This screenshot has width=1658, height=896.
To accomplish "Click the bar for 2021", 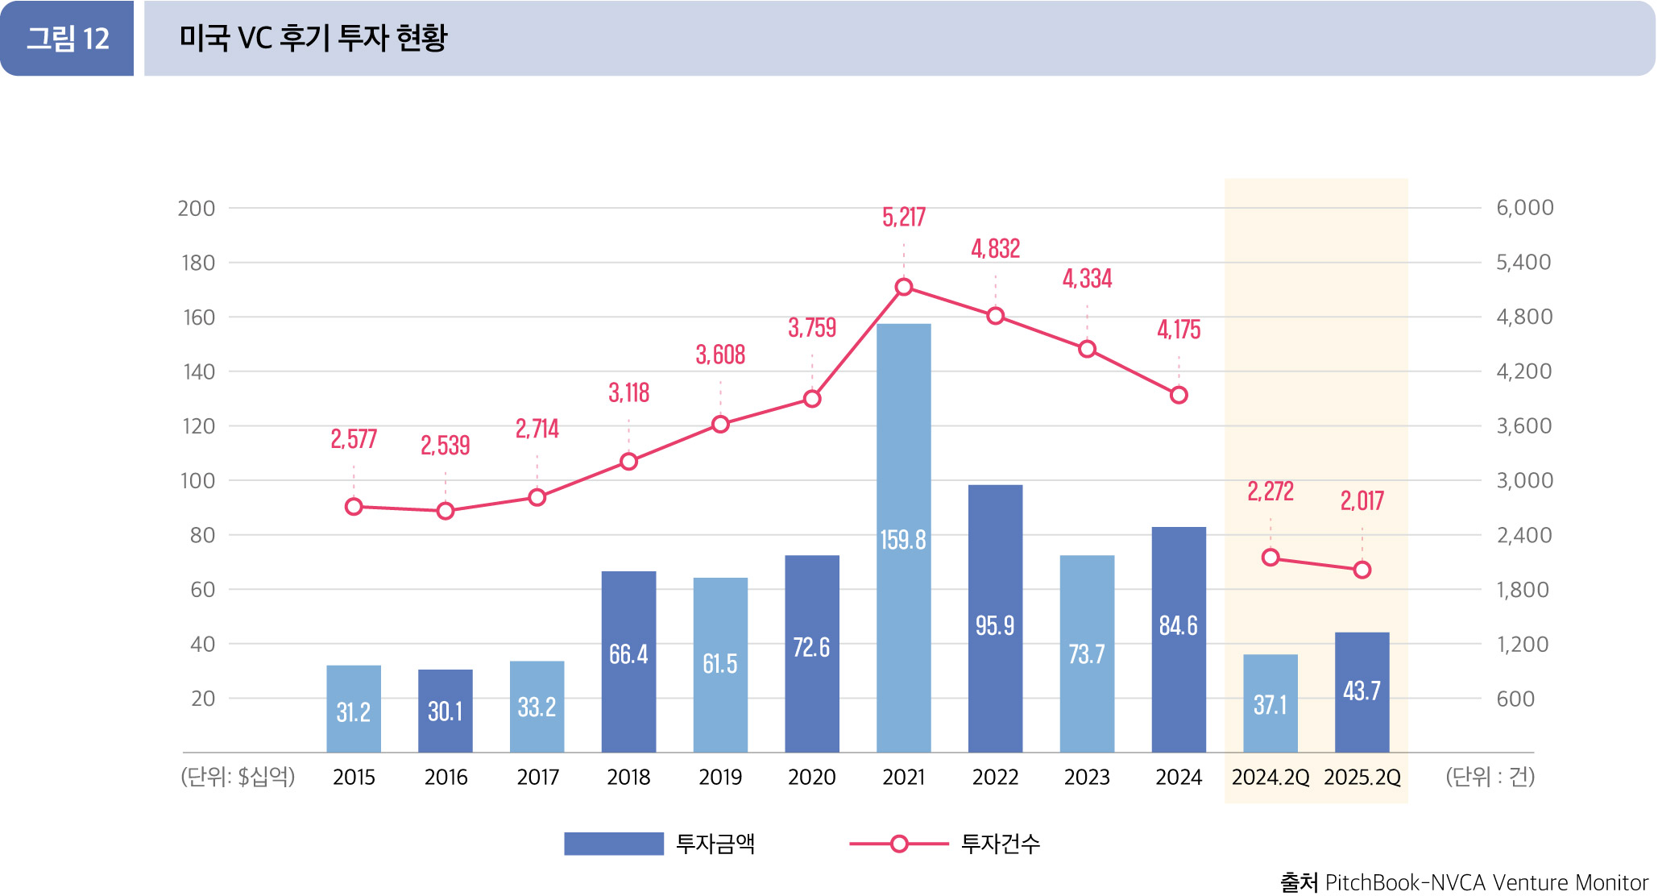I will pos(903,537).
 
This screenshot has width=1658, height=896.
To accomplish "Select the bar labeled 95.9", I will pos(995,618).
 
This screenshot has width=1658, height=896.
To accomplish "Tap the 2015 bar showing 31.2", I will pos(354,709).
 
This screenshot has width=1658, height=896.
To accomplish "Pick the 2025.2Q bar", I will pos(1362,692).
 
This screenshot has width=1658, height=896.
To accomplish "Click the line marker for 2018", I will pos(629,462).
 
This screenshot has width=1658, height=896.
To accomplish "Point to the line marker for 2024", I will pos(1179,395).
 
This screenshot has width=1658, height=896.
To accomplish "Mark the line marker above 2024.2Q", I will pos(1270,558).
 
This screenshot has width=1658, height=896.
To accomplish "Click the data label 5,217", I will pos(903,217).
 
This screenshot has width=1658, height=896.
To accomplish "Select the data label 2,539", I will pos(445,445).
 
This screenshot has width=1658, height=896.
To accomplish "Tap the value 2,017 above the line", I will pos(1362,500).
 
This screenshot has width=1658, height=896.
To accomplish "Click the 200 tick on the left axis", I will pos(197,209).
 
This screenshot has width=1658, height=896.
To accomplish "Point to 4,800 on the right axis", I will pos(1523,317).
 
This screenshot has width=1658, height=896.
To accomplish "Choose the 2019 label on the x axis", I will pos(720,777).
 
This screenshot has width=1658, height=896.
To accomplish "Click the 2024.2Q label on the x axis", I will pos(1270,777).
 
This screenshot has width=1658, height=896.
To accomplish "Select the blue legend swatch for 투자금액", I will pos(613,844).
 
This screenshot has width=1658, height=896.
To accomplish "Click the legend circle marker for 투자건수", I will pos(899,844).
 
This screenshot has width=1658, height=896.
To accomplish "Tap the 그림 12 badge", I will pos(68,39).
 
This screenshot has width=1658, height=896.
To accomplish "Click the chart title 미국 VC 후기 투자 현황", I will pos(313,39).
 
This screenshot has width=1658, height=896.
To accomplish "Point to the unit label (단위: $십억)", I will pos(238,777).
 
